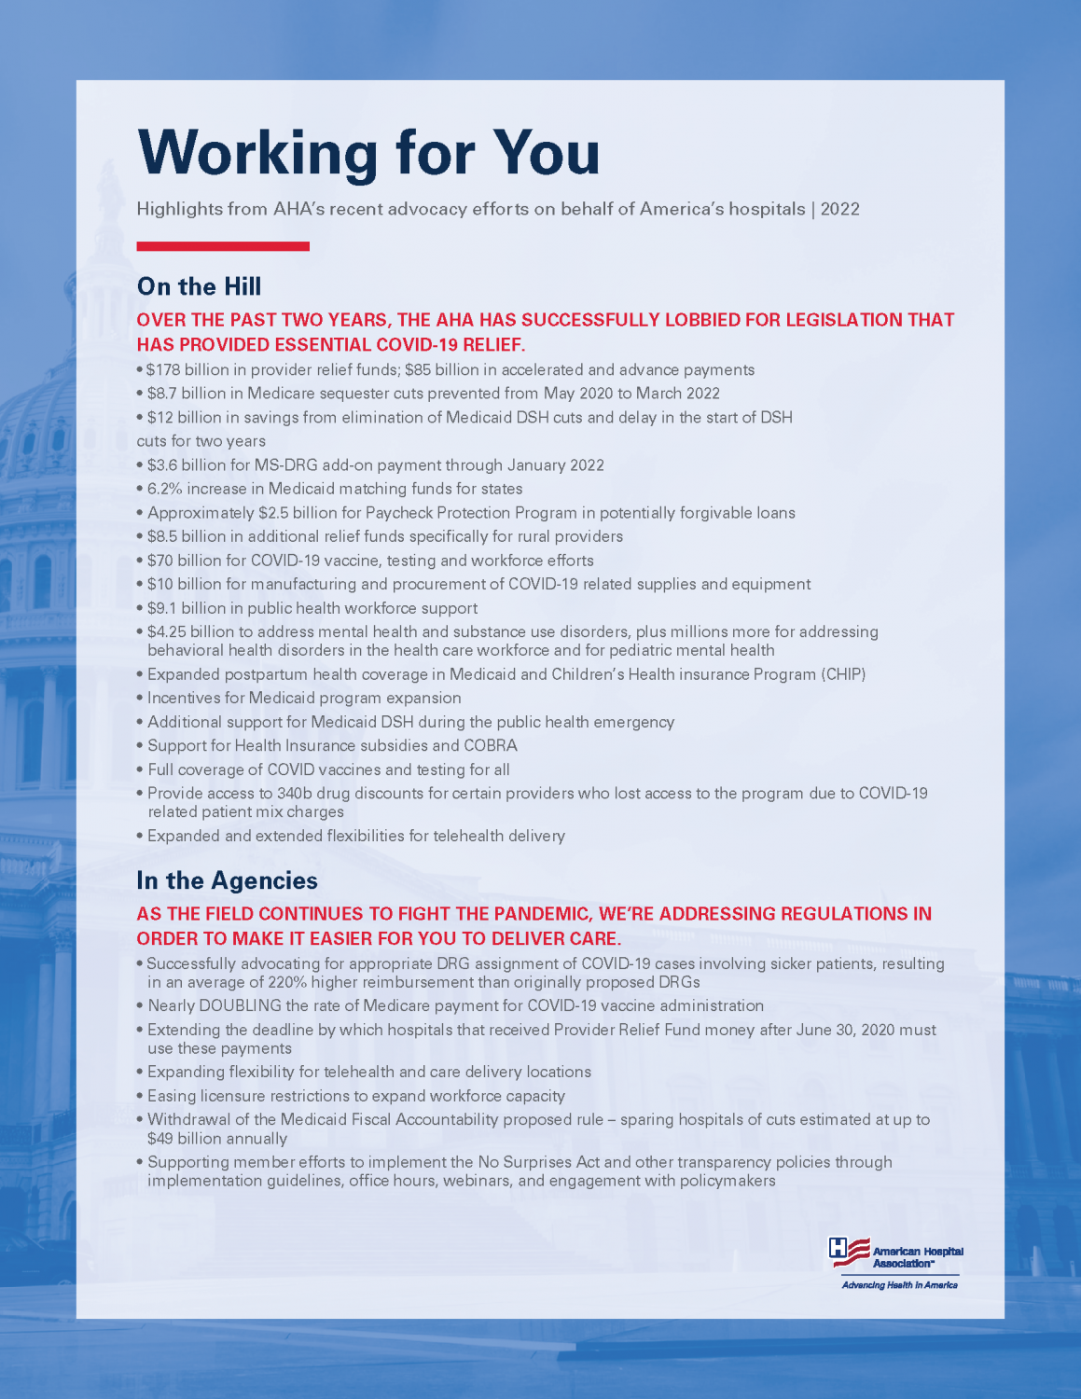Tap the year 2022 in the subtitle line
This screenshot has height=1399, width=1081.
click(x=840, y=209)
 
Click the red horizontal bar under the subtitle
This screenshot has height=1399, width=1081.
click(x=223, y=246)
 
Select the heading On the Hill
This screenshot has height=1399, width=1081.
click(x=199, y=286)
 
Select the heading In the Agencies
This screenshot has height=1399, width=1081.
click(x=227, y=880)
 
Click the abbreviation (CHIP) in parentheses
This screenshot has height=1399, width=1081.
click(x=843, y=674)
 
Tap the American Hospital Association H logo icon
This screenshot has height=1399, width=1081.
click(x=849, y=1252)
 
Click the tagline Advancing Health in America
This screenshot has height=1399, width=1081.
click(x=899, y=1285)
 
